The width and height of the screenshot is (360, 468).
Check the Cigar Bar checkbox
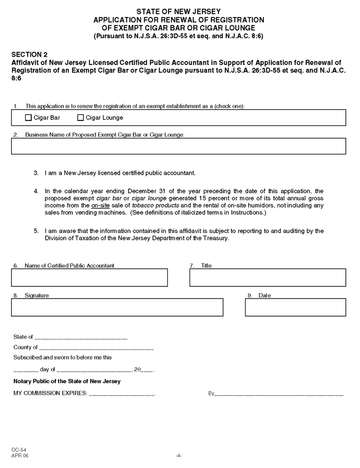pyautogui.click(x=28, y=118)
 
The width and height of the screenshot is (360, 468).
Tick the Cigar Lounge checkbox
pyautogui.click(x=80, y=118)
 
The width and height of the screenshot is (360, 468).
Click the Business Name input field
pyautogui.click(x=179, y=146)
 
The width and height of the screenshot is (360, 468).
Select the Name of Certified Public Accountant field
pyautogui.click(x=89, y=277)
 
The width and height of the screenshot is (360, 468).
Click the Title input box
pyautogui.click(x=268, y=277)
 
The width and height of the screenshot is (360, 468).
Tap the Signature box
pyautogui.click(x=117, y=307)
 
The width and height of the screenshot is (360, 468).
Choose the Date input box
pyautogui.click(x=295, y=307)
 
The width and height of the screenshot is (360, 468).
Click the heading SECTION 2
pyautogui.click(x=30, y=55)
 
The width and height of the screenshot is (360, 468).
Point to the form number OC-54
pyautogui.click(x=20, y=450)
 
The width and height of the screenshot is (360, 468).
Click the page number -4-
pyautogui.click(x=179, y=456)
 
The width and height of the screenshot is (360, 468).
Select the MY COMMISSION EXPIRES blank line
pyautogui.click(x=122, y=394)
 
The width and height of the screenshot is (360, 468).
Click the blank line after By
pyautogui.click(x=279, y=394)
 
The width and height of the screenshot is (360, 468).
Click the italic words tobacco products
pyautogui.click(x=155, y=205)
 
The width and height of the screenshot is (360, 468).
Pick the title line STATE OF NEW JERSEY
pyautogui.click(x=179, y=11)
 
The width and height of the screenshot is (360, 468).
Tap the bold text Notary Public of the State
pyautogui.click(x=67, y=381)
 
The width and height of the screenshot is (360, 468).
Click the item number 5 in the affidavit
pyautogui.click(x=36, y=231)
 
